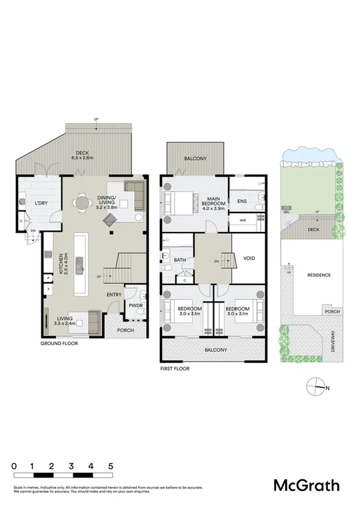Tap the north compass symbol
[x=316, y=386]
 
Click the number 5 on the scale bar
[x=110, y=466]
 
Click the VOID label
[x=249, y=258]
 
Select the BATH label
[x=180, y=260]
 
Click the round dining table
[x=83, y=203]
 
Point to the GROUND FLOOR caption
[x=59, y=343]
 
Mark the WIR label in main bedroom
[x=242, y=219]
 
